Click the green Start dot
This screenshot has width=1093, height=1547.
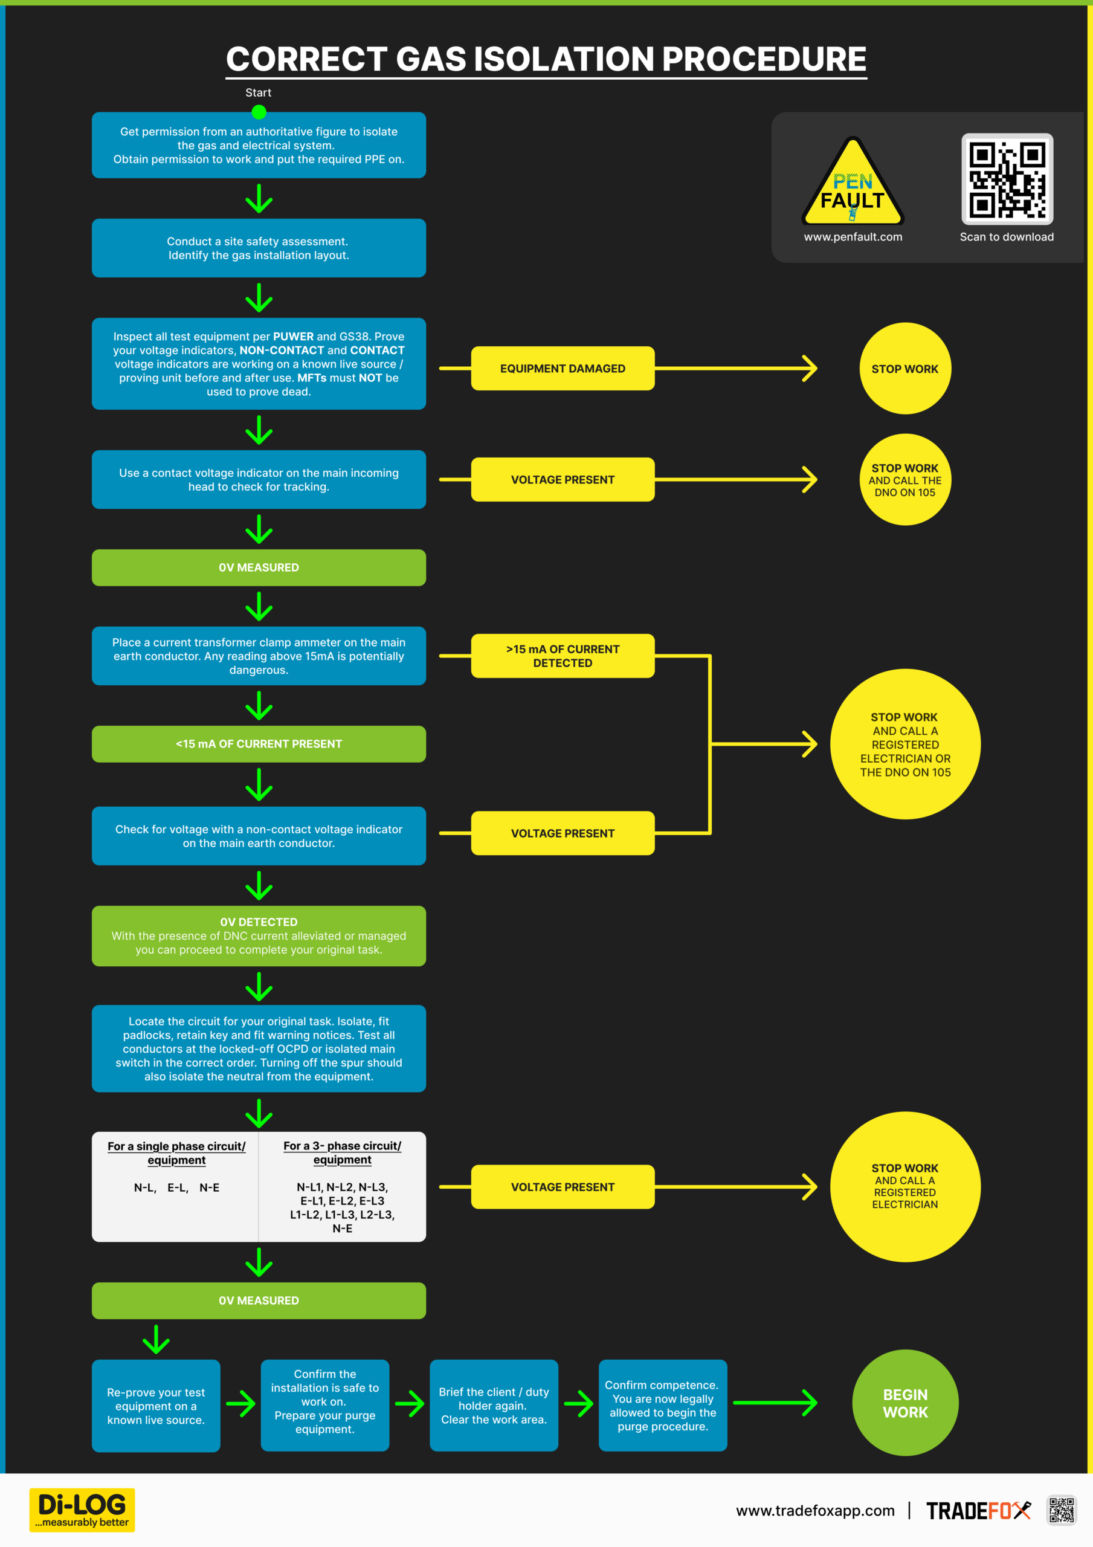(259, 112)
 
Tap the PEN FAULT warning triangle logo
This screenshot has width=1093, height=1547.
(853, 181)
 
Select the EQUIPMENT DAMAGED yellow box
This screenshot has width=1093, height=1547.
(563, 369)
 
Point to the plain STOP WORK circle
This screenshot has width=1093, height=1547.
(905, 369)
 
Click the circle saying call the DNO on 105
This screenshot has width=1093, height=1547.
(905, 480)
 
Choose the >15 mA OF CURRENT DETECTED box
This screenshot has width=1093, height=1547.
(563, 656)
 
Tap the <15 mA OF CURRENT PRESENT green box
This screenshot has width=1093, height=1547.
(259, 744)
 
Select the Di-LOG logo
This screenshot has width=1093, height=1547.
(82, 1510)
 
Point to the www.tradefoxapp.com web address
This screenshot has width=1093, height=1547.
(816, 1511)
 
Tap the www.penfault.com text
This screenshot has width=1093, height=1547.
(853, 237)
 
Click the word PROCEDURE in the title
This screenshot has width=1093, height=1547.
(764, 59)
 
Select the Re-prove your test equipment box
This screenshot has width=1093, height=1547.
(156, 1406)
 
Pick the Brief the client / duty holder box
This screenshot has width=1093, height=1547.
(494, 1406)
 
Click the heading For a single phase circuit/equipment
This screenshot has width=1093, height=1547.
(176, 1153)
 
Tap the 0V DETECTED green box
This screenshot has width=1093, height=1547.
(259, 936)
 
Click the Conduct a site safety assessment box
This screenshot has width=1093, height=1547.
(259, 248)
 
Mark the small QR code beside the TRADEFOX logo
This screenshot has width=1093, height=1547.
(1062, 1510)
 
